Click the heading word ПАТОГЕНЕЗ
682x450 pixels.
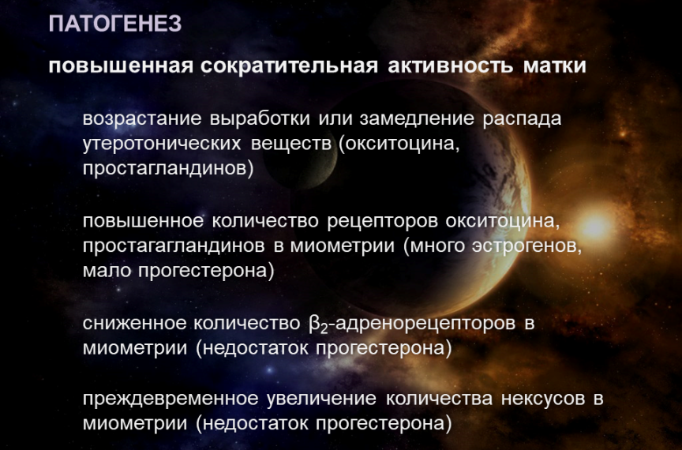click(x=114, y=24)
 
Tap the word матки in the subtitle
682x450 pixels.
click(x=555, y=66)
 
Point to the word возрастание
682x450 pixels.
click(x=142, y=118)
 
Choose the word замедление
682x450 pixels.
click(x=417, y=118)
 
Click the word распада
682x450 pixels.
click(x=522, y=118)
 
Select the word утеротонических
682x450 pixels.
click(x=162, y=144)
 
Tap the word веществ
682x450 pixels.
click(x=291, y=144)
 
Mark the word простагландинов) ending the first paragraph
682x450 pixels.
click(x=168, y=168)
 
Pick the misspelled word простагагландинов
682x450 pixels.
click(x=174, y=246)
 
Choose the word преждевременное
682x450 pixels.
click(x=170, y=399)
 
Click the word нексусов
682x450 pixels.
click(x=543, y=399)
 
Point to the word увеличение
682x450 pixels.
click(x=321, y=399)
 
